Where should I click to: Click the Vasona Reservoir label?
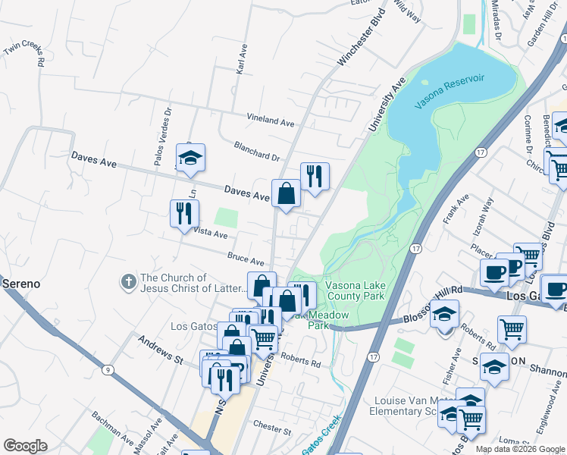coord(450,93)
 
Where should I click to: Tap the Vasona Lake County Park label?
coord(356,290)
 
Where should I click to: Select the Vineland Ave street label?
coord(271,121)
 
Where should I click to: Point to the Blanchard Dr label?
coord(257,150)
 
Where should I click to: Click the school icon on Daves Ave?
coord(191,158)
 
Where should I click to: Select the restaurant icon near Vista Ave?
coord(183,215)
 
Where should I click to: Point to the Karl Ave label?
coord(242,58)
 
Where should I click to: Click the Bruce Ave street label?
coord(246,259)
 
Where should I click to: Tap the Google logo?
coord(25,446)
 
